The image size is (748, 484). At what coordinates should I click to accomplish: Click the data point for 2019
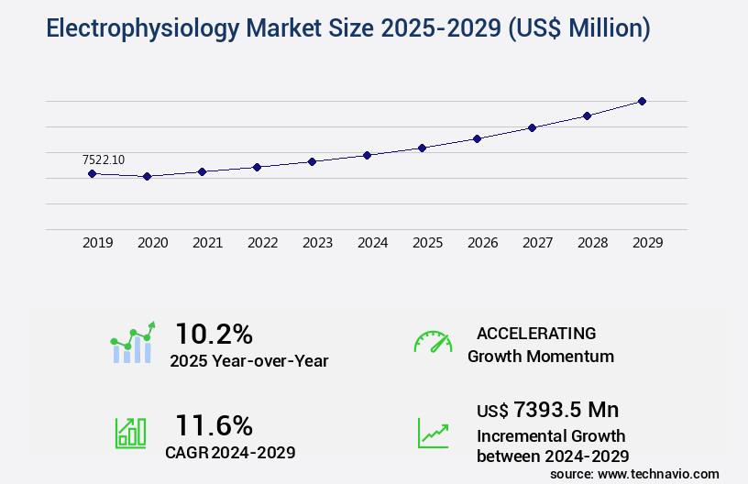pyautogui.click(x=92, y=173)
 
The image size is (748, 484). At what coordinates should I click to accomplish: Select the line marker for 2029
pyautogui.click(x=642, y=101)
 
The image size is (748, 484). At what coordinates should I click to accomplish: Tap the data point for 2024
pyautogui.click(x=367, y=155)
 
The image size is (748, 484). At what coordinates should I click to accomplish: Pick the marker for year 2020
pyautogui.click(x=147, y=176)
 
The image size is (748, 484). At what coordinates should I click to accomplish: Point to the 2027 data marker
pyautogui.click(x=532, y=127)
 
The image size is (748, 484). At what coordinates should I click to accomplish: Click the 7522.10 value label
pyautogui.click(x=103, y=159)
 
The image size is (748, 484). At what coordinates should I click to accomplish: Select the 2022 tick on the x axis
pyautogui.click(x=263, y=243)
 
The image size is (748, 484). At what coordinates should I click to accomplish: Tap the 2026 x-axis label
pyautogui.click(x=483, y=243)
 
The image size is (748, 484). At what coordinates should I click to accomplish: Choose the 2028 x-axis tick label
pyautogui.click(x=593, y=243)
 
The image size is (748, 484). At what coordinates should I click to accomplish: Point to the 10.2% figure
pyautogui.click(x=214, y=334)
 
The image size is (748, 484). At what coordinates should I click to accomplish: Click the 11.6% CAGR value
pyautogui.click(x=214, y=425)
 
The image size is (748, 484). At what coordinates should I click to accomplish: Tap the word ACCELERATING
pyautogui.click(x=536, y=334)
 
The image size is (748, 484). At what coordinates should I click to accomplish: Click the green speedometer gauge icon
pyautogui.click(x=433, y=341)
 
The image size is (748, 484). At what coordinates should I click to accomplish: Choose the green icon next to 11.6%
pyautogui.click(x=130, y=433)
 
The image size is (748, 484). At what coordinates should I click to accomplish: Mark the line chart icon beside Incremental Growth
pyautogui.click(x=433, y=433)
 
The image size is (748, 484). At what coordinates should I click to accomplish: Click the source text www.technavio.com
pyautogui.click(x=660, y=474)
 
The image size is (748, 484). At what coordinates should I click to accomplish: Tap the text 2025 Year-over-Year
pyautogui.click(x=249, y=361)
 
